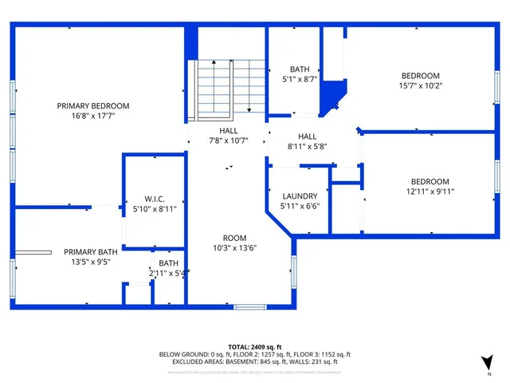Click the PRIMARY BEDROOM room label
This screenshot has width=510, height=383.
92,105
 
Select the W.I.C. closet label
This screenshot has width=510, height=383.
154,199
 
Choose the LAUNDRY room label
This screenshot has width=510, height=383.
300,195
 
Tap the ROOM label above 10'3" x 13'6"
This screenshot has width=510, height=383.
234,238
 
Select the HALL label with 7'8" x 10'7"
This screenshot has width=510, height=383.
229,130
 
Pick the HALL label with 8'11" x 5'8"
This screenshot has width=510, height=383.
308,136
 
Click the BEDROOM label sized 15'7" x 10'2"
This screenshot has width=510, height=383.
420,76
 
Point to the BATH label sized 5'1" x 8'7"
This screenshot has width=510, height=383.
300,69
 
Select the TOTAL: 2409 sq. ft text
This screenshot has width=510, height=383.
254,346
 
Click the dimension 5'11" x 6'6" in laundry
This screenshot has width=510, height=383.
300,205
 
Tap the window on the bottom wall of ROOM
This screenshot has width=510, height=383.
251,306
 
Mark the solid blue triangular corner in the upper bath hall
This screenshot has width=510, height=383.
328,100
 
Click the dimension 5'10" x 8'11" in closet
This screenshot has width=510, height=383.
154,208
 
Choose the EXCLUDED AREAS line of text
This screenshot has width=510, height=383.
254,361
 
